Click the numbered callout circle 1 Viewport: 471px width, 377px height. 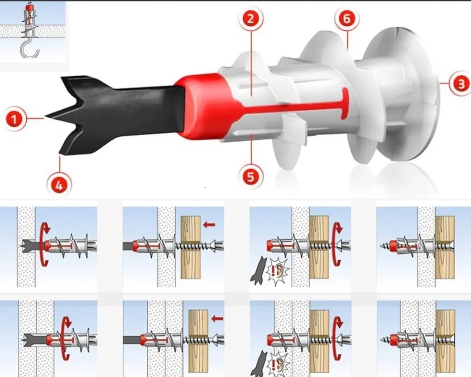pos(14,119)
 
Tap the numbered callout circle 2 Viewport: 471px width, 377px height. pos(250,19)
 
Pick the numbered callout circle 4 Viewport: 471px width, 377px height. pos(59,185)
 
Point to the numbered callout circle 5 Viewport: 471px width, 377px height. pos(250,177)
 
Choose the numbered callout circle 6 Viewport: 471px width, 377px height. pos(346,19)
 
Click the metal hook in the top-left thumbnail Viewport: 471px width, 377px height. pos(29,51)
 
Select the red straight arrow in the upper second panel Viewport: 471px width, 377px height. pos(209,224)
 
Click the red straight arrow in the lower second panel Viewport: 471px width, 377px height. pos(217,319)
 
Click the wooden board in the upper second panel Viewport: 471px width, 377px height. pos(191,247)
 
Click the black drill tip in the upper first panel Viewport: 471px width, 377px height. pos(33,246)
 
